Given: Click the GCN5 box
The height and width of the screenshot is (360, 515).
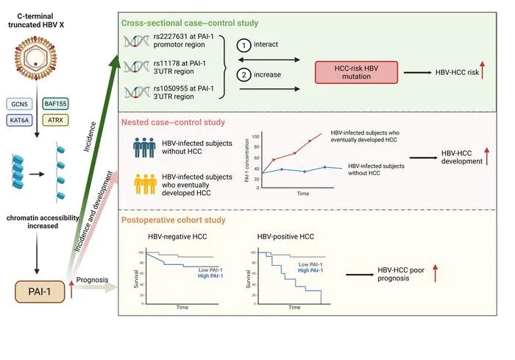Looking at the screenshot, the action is tap(19, 105).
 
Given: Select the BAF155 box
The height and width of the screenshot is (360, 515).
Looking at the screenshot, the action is tap(55, 104).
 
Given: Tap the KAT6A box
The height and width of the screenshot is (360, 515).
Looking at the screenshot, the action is tap(19, 120).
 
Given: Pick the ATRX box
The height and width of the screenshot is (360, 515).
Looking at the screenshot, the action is tap(55, 120).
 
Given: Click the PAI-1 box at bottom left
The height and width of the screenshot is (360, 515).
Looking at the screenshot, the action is tap(40, 292).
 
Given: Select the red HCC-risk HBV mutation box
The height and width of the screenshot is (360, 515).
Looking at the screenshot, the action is tap(356, 72).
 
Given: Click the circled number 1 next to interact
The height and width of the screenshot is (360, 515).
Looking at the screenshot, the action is tap(244, 45).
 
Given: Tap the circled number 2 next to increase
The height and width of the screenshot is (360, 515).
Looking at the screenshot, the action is tap(244, 75).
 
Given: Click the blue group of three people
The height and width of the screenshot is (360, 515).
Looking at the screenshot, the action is tap(144, 148).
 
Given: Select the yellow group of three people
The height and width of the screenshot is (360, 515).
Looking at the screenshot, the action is tap(145, 184).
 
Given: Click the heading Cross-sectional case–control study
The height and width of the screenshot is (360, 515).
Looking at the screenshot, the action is tap(190, 23).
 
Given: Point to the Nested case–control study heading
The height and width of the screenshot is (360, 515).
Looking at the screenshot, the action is tap(173, 122).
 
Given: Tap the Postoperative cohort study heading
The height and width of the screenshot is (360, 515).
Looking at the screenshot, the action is tap(174, 220).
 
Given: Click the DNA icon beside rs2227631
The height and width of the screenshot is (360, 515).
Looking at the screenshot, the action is tap(136, 41).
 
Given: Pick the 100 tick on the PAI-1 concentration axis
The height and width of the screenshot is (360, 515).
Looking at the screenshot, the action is tap(255, 136).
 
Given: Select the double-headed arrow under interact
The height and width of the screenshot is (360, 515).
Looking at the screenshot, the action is tap(269, 60).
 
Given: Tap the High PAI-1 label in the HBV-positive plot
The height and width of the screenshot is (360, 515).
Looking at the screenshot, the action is tap(310, 270).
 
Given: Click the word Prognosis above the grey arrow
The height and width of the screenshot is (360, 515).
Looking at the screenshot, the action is tap(92, 280).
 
